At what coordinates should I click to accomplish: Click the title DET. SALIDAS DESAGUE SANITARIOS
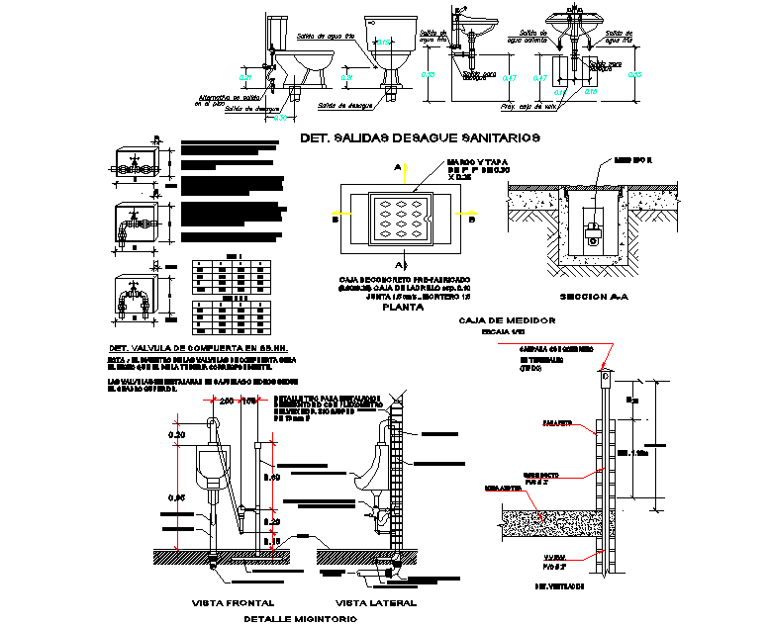click(420, 138)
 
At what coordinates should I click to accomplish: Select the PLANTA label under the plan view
click(403, 308)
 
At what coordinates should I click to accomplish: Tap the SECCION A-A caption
click(590, 297)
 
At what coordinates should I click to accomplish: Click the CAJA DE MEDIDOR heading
click(507, 321)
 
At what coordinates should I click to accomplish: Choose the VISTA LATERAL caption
click(376, 601)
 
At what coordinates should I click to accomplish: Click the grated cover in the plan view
click(402, 219)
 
